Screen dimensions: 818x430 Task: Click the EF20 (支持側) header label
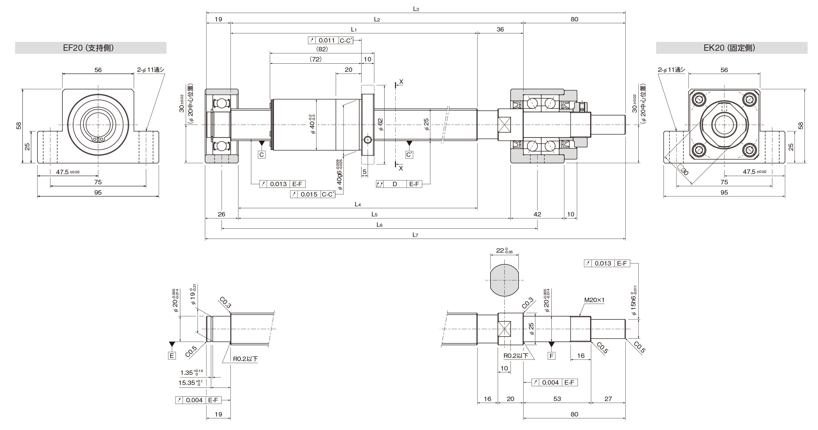88,48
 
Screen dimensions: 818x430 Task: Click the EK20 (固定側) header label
729,48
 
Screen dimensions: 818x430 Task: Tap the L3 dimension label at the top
416,9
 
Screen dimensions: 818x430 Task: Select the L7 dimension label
415,235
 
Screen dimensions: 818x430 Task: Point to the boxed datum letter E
172,355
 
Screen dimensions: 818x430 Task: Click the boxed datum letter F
552,356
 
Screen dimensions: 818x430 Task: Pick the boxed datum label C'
409,155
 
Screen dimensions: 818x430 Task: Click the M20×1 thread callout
595,300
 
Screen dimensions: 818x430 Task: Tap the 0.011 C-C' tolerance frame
331,40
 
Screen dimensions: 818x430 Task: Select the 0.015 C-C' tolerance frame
313,194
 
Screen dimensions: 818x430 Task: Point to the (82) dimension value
322,49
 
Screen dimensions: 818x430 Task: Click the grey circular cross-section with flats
504,280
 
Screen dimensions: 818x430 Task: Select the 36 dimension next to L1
500,29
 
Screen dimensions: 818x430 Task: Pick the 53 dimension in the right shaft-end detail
557,399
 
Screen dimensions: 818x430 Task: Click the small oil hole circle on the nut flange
368,140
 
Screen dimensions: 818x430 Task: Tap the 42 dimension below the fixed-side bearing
537,214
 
